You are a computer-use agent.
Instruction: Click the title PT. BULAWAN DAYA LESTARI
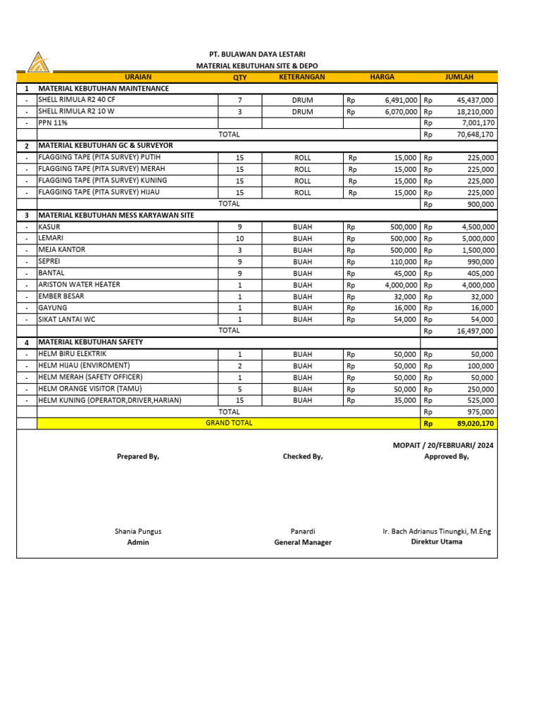coord(257,54)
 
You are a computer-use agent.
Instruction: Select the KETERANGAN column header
coord(301,77)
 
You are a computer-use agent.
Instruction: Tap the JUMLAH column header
coord(459,77)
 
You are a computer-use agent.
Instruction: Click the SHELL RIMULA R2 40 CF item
coord(76,101)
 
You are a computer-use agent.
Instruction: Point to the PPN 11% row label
coord(53,123)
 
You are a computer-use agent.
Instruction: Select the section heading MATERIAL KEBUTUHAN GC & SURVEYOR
coord(105,146)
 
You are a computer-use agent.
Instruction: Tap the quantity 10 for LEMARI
coord(240,239)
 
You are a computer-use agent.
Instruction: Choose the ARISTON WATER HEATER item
coord(79,284)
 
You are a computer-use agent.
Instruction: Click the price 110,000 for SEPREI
coord(404,262)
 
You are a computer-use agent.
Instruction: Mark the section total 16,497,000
coord(473,330)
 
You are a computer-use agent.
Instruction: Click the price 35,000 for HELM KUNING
coord(405,401)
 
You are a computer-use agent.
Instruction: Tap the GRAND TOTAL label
coord(229,423)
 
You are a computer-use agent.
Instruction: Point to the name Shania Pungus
coord(138,532)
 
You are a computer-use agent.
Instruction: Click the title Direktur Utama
coord(437,542)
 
